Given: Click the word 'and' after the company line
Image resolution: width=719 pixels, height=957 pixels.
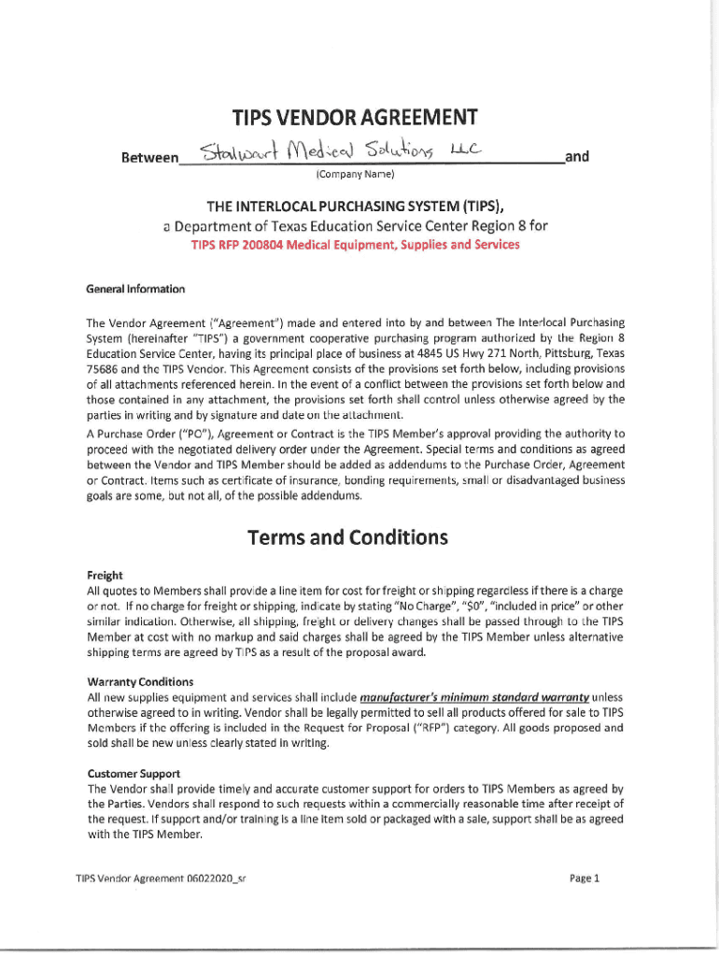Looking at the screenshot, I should [x=578, y=156].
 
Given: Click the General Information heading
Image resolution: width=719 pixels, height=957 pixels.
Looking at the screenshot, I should [x=135, y=288].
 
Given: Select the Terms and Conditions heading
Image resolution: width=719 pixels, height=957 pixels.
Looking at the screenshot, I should [x=347, y=538].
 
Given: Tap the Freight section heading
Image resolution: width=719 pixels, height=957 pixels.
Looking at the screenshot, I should [x=105, y=576].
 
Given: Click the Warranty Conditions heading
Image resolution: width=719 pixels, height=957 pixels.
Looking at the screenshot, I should [x=140, y=681].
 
